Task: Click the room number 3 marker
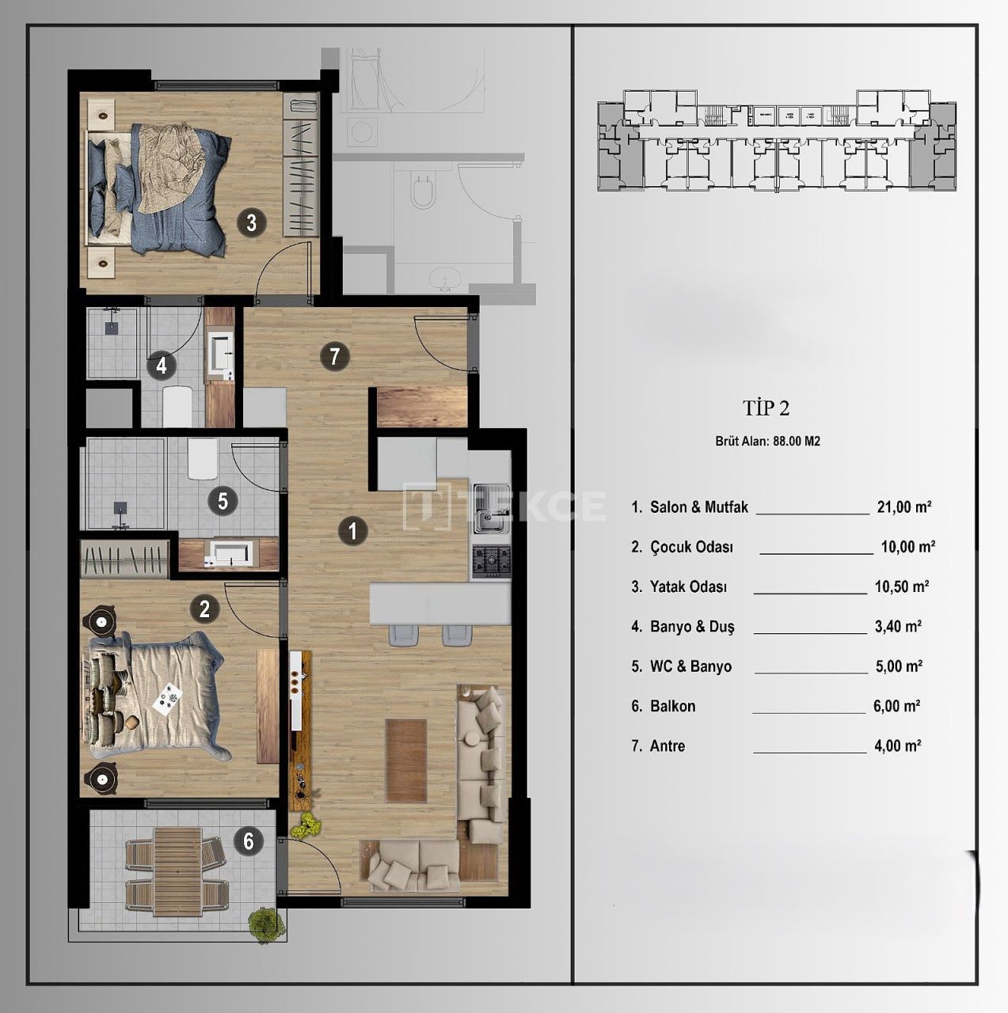[251, 222]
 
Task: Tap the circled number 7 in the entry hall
[334, 357]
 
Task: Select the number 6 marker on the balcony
[249, 840]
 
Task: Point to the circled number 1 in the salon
[352, 531]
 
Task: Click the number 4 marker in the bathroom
[162, 366]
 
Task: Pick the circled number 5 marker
[223, 501]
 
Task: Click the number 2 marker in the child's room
[204, 609]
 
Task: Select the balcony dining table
[177, 871]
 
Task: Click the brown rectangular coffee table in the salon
[406, 760]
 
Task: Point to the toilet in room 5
[203, 459]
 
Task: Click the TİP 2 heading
[766, 408]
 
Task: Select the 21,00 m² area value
[903, 507]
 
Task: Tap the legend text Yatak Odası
[687, 587]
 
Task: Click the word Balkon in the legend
[672, 706]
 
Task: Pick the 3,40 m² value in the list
[897, 627]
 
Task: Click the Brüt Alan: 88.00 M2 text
[767, 442]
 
